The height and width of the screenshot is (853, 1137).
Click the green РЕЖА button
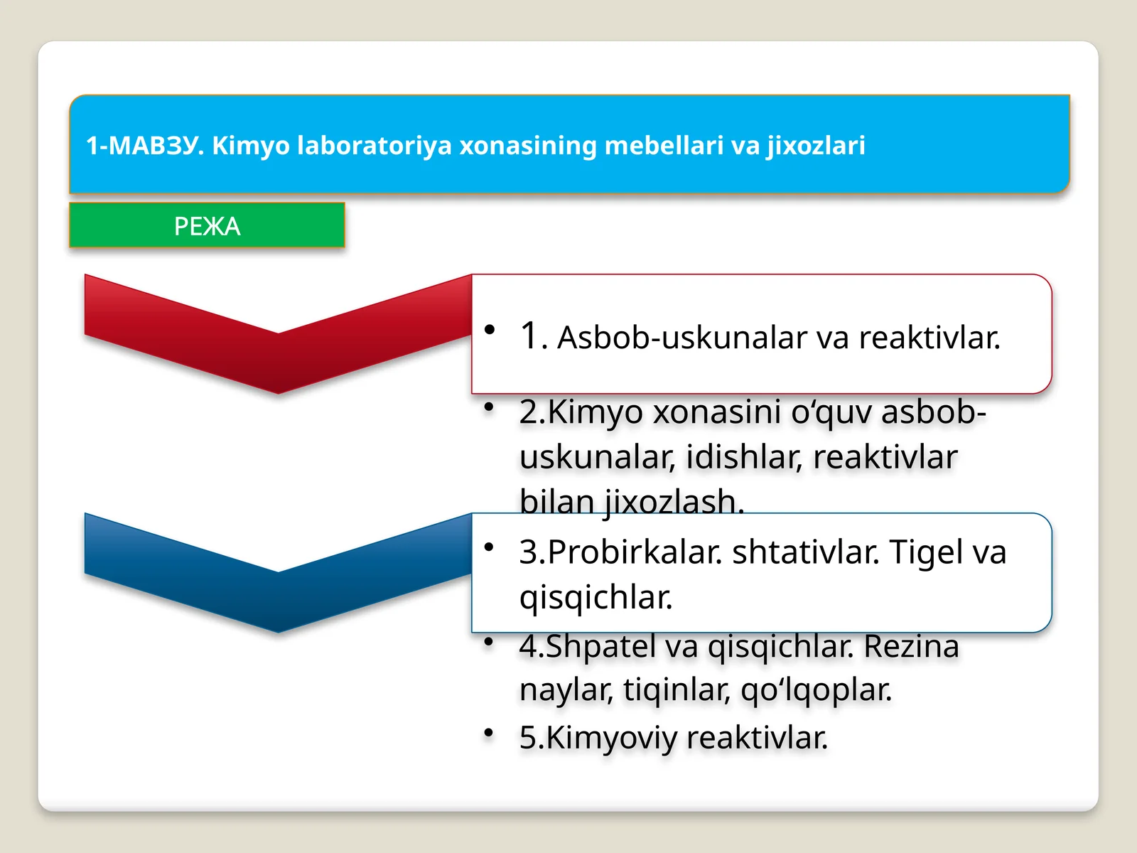click(x=207, y=226)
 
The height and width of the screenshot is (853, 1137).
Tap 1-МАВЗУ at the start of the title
click(x=145, y=145)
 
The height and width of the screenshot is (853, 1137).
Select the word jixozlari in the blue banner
click(x=815, y=145)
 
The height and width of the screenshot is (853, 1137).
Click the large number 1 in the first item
click(x=530, y=336)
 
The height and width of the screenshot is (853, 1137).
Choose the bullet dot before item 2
click(x=489, y=407)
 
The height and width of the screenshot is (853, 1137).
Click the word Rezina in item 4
click(x=911, y=646)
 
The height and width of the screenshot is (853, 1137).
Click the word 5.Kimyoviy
click(x=598, y=737)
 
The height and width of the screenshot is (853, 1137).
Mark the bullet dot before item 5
click(x=489, y=732)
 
